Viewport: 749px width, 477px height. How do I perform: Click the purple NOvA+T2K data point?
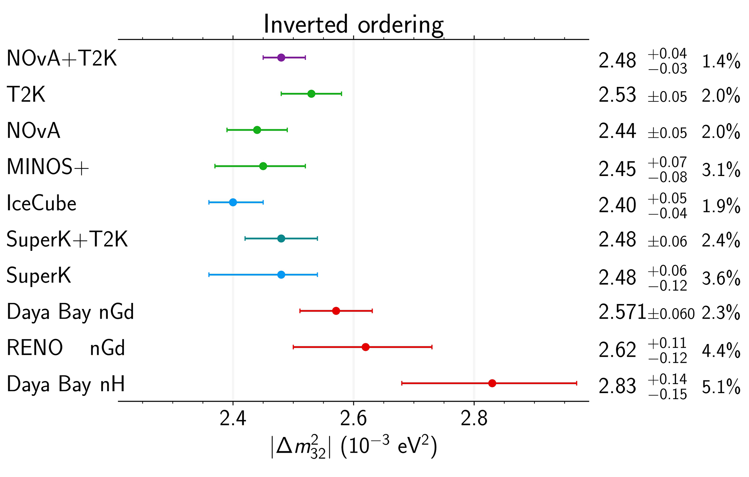[281, 58]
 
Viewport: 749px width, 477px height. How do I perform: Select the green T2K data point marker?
[311, 94]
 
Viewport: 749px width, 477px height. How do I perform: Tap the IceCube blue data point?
[233, 202]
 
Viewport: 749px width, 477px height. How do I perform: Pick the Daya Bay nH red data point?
[492, 383]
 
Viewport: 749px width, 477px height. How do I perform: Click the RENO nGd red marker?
[366, 347]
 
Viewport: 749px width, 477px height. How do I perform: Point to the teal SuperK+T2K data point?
[281, 238]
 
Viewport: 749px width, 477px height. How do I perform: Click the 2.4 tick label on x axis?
[233, 419]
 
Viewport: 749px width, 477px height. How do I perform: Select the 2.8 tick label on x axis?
[474, 419]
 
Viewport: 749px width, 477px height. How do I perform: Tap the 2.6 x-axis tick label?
[353, 419]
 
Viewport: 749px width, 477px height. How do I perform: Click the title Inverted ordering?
[354, 25]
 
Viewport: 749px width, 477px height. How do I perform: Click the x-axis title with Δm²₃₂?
[354, 447]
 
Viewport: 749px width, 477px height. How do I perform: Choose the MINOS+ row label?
[48, 167]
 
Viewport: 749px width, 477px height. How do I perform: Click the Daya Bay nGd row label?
[70, 312]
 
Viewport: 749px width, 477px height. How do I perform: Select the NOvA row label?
[33, 131]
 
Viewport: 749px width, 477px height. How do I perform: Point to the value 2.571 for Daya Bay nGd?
[622, 312]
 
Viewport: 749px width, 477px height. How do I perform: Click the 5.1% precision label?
[721, 387]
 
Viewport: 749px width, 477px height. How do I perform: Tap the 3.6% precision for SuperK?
[721, 278]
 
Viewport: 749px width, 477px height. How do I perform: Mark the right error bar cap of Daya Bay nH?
[576, 383]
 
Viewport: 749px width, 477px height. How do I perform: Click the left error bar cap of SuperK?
[209, 275]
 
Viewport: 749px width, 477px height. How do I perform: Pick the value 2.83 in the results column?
[617, 387]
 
